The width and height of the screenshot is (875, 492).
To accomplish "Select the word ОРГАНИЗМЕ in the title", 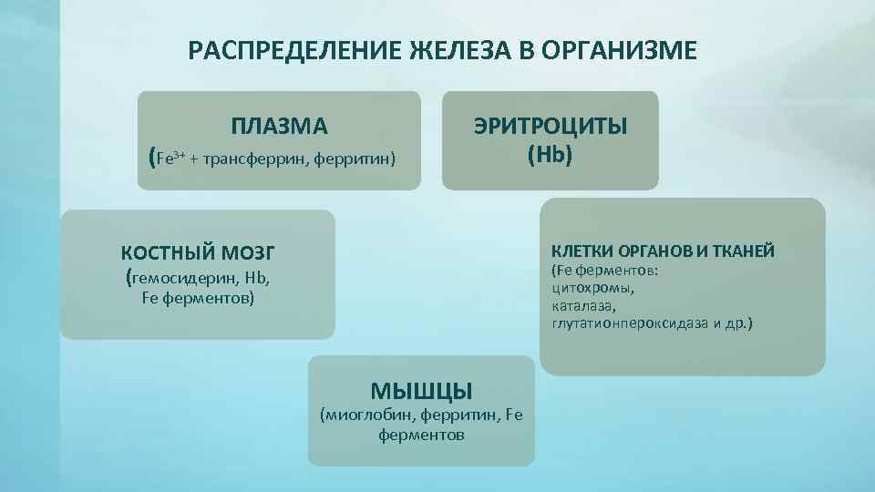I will click(620, 49).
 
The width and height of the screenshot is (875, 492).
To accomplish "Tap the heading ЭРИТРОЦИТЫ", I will click(550, 127).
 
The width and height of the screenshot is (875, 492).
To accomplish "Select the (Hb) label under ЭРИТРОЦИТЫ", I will click(550, 154).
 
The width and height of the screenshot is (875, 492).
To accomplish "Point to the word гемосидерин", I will click(179, 279).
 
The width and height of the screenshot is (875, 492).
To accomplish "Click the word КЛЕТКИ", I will click(579, 251).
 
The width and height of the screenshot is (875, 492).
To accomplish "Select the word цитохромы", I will click(592, 288).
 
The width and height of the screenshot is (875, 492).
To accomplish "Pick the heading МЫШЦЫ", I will click(421, 392).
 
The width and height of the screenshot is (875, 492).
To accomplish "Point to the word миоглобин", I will click(367, 415).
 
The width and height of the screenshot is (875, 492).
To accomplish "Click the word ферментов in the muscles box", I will click(420, 436).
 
